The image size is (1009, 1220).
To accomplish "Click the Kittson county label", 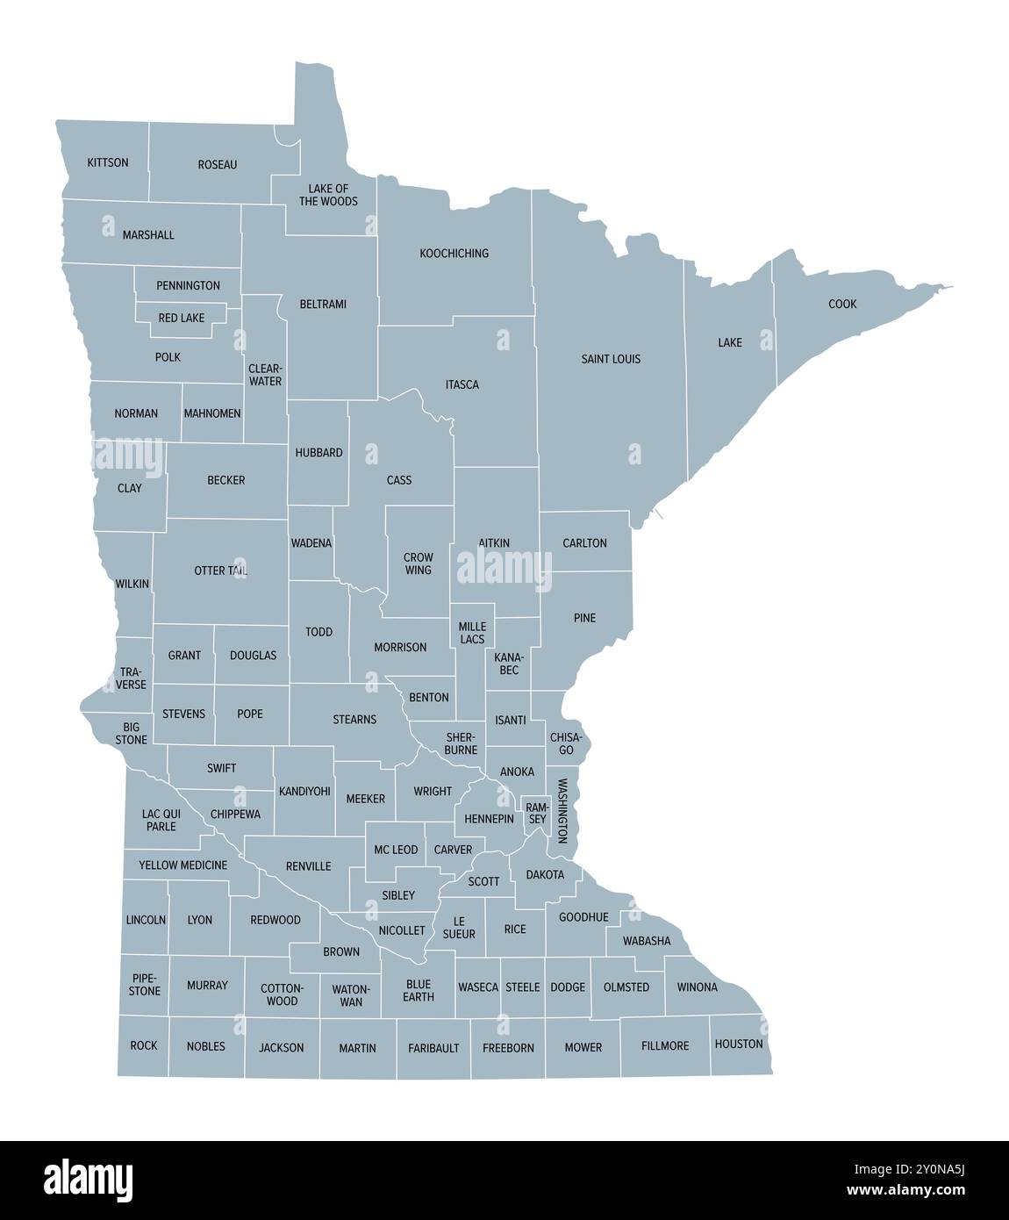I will pyautogui.click(x=108, y=162).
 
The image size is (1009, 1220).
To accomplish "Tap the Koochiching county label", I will pyautogui.click(x=454, y=254).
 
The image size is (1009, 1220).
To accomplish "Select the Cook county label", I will pyautogui.click(x=842, y=305).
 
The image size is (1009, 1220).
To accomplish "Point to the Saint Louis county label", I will pyautogui.click(x=611, y=359).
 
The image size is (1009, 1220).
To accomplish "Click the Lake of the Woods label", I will pyautogui.click(x=328, y=195).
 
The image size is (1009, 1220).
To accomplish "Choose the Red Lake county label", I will pyautogui.click(x=181, y=318).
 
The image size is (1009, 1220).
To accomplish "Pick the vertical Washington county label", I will pyautogui.click(x=562, y=811).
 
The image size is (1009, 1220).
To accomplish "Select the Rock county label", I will pyautogui.click(x=143, y=1045).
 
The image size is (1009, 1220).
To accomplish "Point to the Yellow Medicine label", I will pyautogui.click(x=182, y=865).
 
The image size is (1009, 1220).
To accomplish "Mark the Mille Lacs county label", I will pyautogui.click(x=472, y=633).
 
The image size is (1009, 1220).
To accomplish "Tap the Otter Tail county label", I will pyautogui.click(x=220, y=571).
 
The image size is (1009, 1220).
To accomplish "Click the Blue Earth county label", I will pyautogui.click(x=419, y=990).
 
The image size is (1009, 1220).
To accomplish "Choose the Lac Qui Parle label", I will pyautogui.click(x=161, y=820).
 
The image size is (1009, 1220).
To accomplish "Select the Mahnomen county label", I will pyautogui.click(x=211, y=413).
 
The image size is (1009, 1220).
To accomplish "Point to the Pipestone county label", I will pyautogui.click(x=145, y=984).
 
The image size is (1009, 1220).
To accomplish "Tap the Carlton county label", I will pyautogui.click(x=584, y=543).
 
